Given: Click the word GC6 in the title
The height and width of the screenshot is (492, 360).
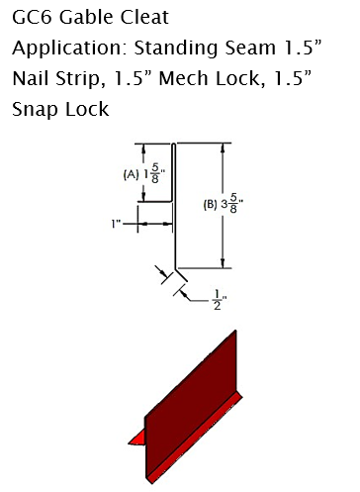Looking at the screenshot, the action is click(32, 17).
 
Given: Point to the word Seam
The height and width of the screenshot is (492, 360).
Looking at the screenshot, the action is click(250, 48).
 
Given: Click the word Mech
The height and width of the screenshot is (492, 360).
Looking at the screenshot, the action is click(183, 78).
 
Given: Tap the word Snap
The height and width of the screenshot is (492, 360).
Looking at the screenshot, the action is click(35, 110).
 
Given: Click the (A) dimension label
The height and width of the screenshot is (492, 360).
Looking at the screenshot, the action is click(132, 174).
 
